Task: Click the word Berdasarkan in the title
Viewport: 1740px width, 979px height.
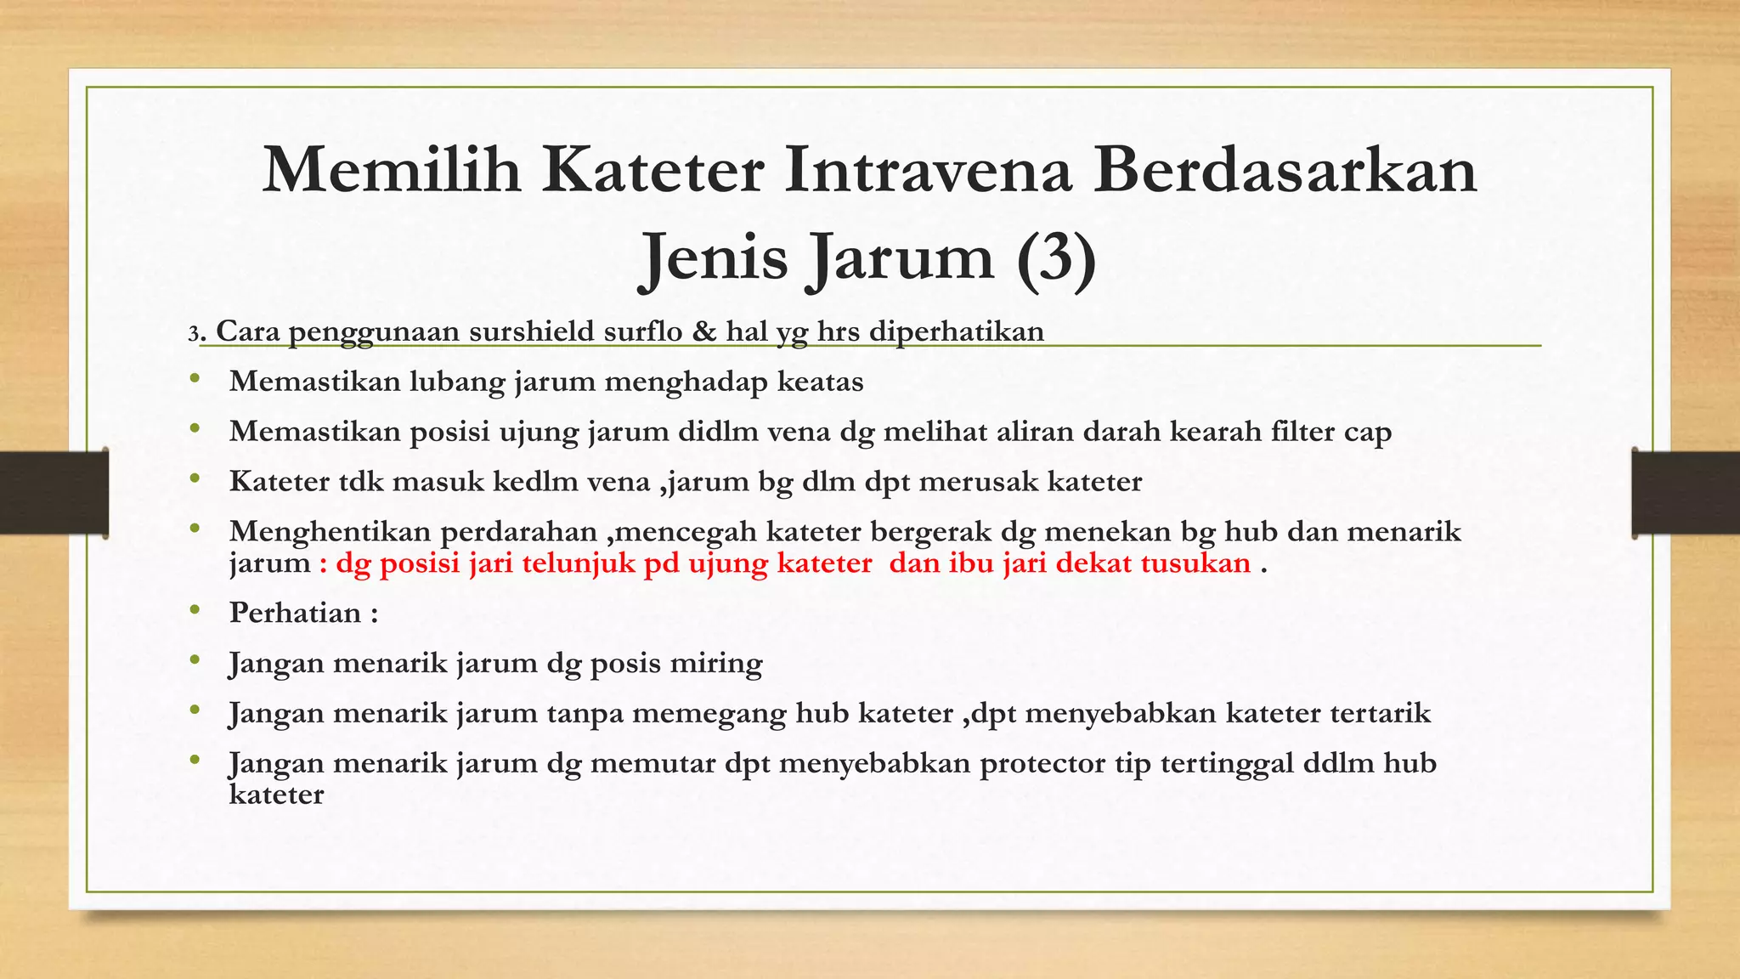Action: click(x=1285, y=171)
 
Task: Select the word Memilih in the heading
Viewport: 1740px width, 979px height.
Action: click(x=392, y=171)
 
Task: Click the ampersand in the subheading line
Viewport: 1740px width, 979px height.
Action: click(x=703, y=331)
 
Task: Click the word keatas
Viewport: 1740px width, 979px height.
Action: click(x=820, y=382)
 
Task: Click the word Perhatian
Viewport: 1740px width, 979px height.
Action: click(x=295, y=614)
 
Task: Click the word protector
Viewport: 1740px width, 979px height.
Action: click(x=1034, y=763)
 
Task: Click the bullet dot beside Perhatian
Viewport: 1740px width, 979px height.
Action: click(x=195, y=610)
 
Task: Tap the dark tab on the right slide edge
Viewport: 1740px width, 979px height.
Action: click(x=1686, y=493)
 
